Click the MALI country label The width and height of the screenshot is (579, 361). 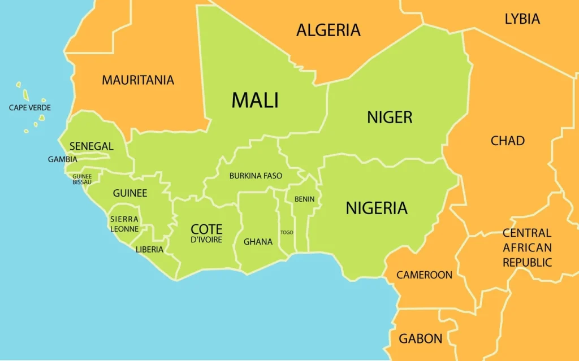255,101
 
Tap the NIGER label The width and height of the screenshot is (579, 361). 390,118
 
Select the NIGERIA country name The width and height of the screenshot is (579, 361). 377,208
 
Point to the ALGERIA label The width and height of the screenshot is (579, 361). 329,30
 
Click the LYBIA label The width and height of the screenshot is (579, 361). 522,19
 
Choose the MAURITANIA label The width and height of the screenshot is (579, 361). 138,80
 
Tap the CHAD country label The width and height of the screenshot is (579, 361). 507,141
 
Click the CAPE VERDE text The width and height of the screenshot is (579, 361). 30,107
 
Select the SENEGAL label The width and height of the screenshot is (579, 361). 92,146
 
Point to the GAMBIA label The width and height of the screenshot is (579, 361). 62,159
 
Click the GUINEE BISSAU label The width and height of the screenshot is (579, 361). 82,179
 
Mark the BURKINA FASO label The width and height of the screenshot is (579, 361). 256,176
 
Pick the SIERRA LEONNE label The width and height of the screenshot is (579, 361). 124,224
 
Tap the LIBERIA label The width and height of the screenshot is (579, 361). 149,249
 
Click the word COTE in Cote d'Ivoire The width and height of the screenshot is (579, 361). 206,229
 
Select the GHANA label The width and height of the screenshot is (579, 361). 258,242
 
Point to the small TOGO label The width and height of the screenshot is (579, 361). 287,232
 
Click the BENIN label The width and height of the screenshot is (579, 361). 304,199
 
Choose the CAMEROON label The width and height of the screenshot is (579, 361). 424,275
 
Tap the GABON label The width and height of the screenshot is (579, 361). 420,339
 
